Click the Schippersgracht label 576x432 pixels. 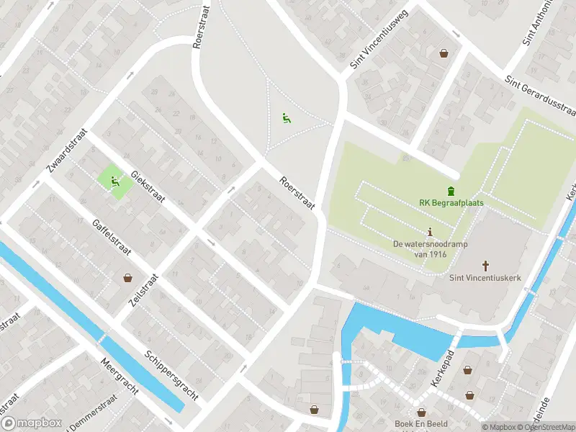[171, 375]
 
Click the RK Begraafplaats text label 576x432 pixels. [451, 203]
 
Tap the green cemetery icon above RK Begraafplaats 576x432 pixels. [451, 191]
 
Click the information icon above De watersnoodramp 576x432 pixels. [431, 232]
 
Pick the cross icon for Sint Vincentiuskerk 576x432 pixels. [485, 266]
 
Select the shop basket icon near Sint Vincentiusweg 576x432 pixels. [444, 53]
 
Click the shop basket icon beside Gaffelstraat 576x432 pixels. [127, 277]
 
